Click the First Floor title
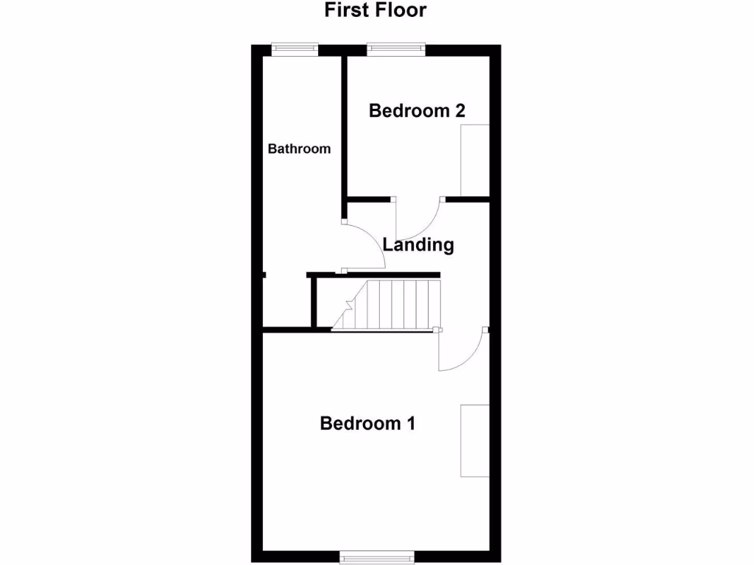pos(376,10)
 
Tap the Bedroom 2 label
pos(417,111)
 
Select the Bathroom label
pos(299,149)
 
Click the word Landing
pos(418,245)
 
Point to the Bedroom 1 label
pos(367,424)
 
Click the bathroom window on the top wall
pos(295,49)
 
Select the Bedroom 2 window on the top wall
pos(396,49)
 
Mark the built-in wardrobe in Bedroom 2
pos(475,160)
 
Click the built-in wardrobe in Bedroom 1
pos(475,440)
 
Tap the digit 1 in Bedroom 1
pos(410,424)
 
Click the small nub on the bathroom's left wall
pos(264,276)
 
